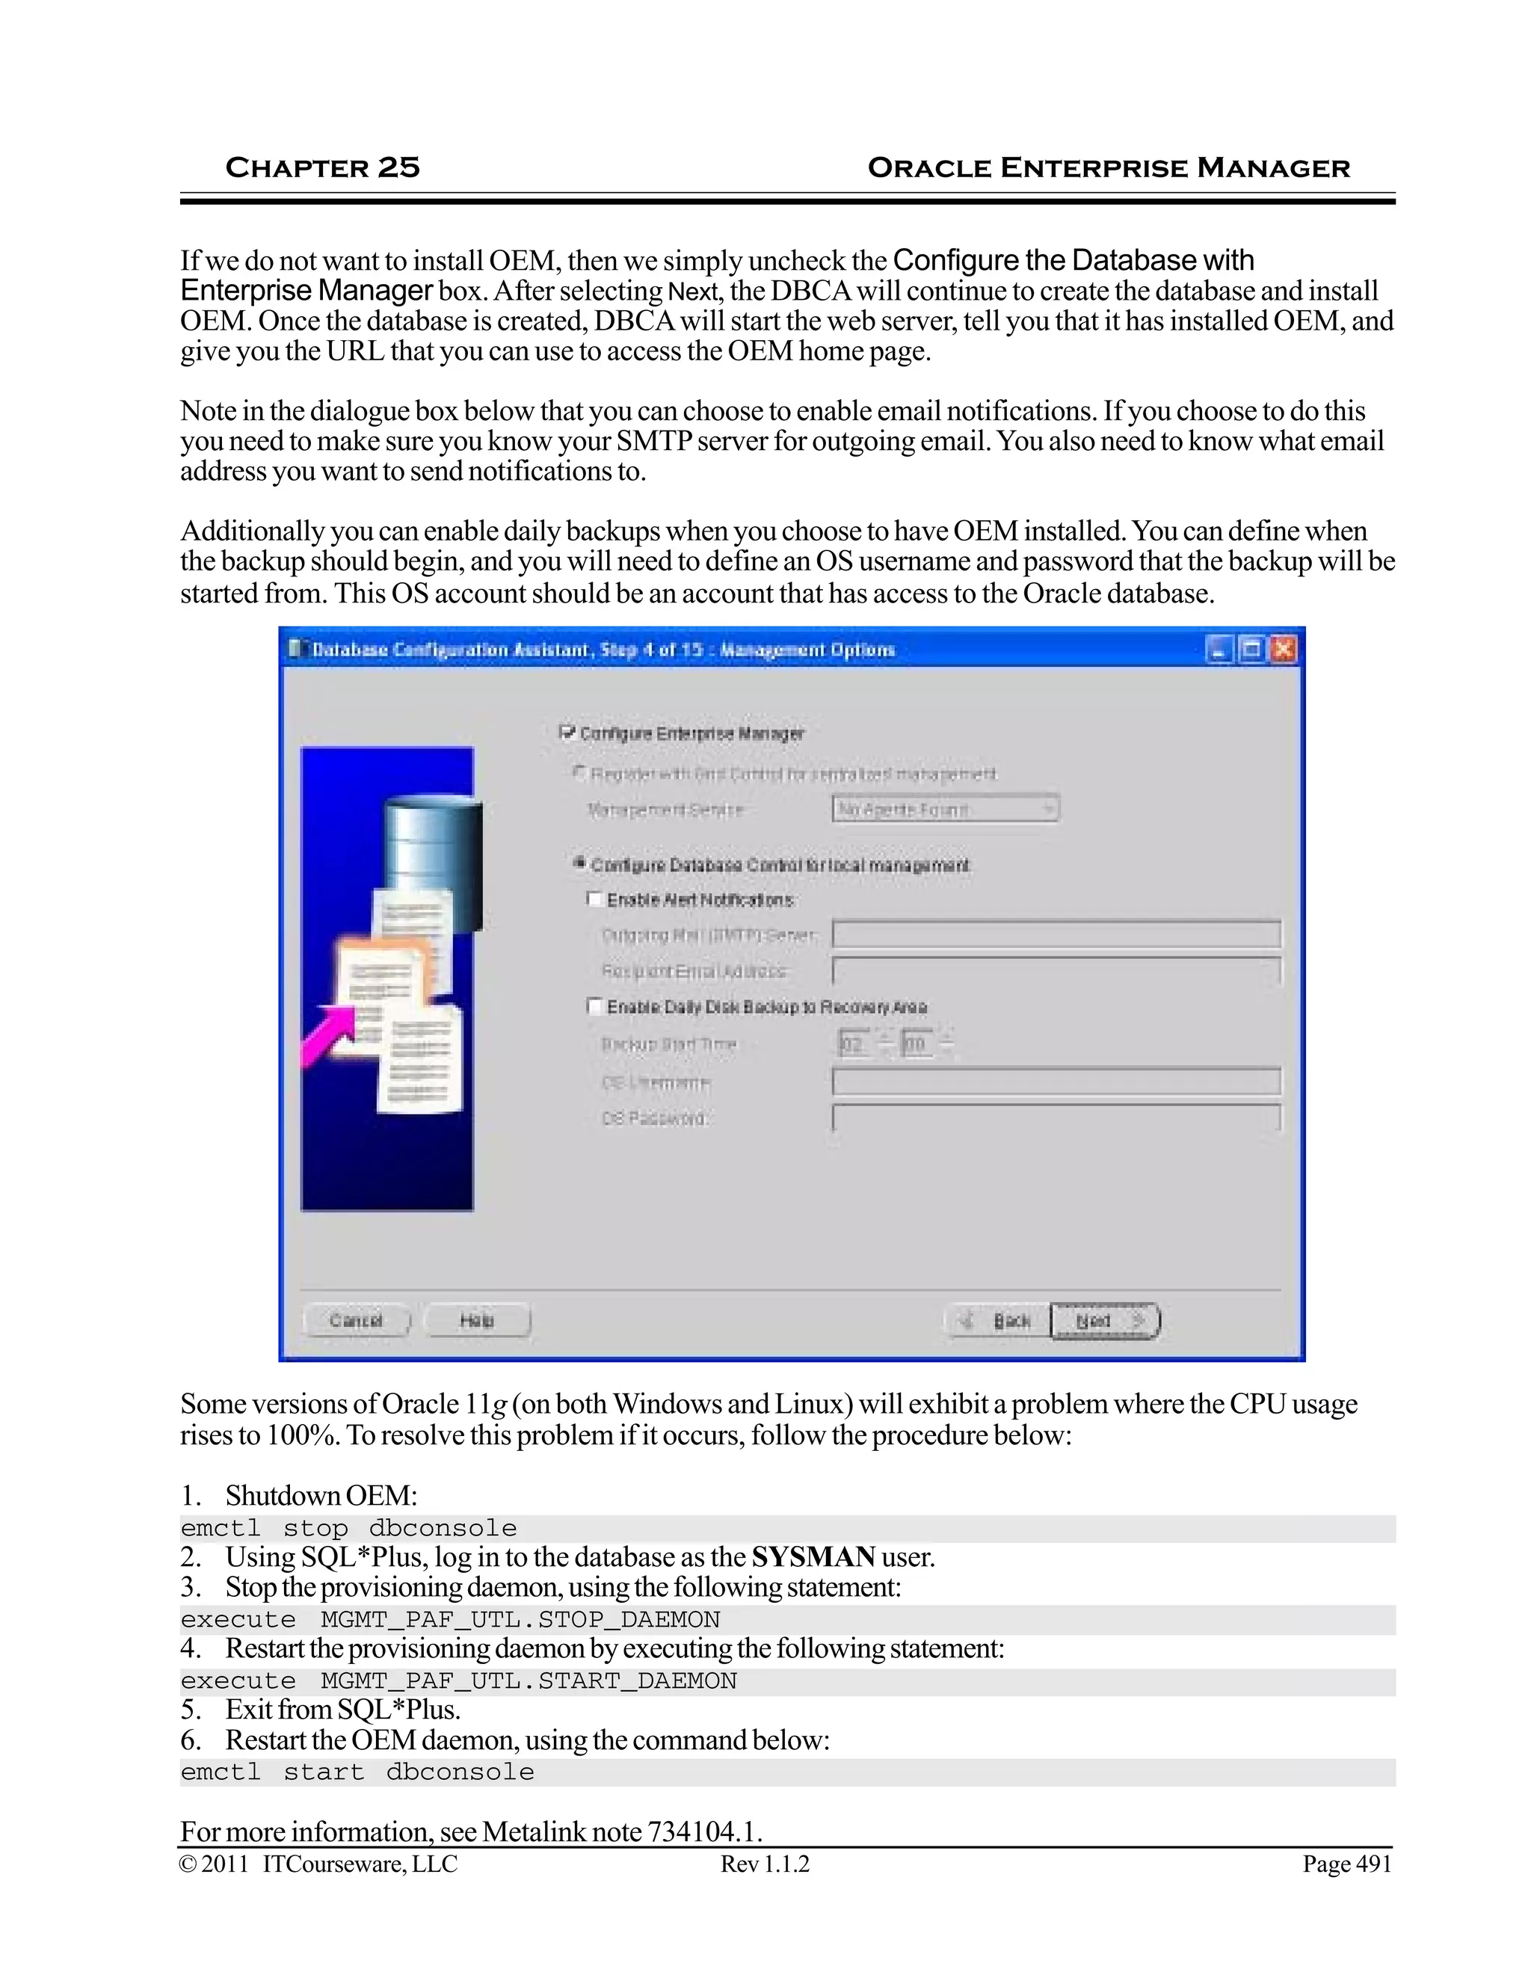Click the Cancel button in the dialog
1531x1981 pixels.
pos(356,1321)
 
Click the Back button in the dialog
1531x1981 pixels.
pos(998,1321)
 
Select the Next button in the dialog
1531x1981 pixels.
pos(1105,1321)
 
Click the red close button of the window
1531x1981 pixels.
pos(1283,650)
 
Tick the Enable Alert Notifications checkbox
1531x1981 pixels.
pos(595,899)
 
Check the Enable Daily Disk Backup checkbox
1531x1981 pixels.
pos(595,1006)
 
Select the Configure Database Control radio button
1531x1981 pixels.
pos(579,863)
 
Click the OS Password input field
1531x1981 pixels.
pos(1056,1118)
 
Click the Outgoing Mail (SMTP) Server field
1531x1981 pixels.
pos(1056,934)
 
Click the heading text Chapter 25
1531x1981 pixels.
pos(322,167)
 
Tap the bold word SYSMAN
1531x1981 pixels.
pos(813,1557)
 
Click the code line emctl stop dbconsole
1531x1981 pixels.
pos(349,1529)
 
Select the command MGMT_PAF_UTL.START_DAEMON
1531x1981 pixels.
pos(529,1680)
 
